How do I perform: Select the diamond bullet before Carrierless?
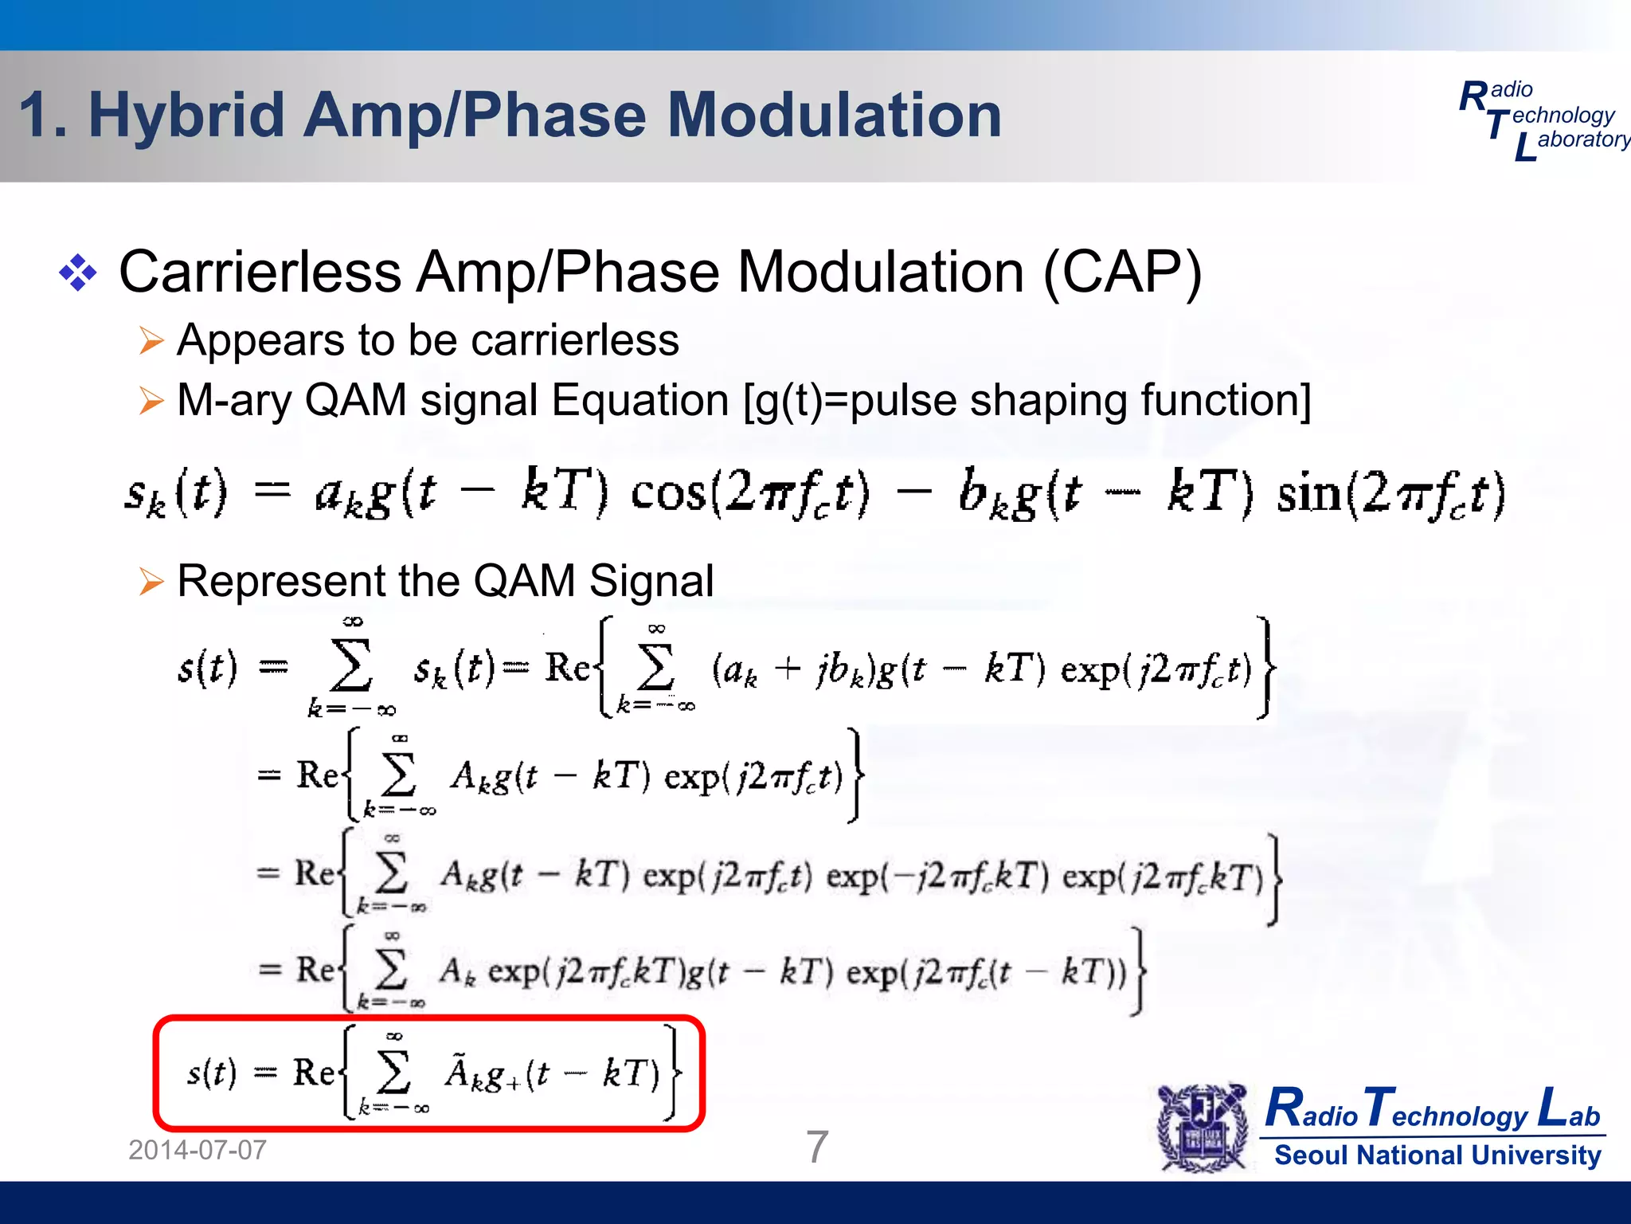78,273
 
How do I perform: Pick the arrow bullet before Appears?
151,341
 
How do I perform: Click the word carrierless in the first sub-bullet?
574,340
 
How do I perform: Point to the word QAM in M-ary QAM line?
355,400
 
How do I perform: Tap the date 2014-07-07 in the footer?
198,1150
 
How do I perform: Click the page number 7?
817,1147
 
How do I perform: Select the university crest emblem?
1203,1128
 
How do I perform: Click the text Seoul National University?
1437,1155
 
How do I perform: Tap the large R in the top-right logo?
1473,97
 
